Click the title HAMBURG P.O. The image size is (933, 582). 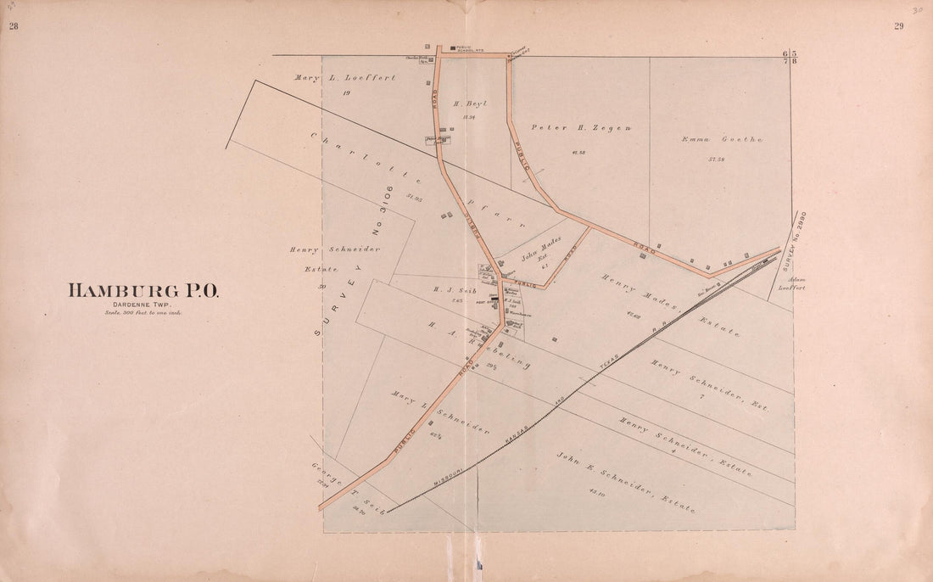(x=142, y=291)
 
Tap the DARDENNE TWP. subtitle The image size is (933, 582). (x=142, y=305)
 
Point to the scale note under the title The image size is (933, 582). (x=142, y=312)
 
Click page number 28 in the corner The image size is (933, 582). (x=14, y=26)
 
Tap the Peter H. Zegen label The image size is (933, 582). (x=581, y=127)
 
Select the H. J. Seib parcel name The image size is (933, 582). (x=450, y=288)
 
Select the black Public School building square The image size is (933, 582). (x=453, y=47)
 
